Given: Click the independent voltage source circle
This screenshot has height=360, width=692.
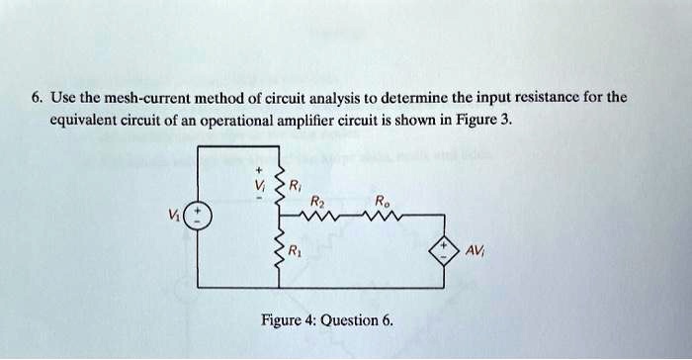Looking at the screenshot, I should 199,216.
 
